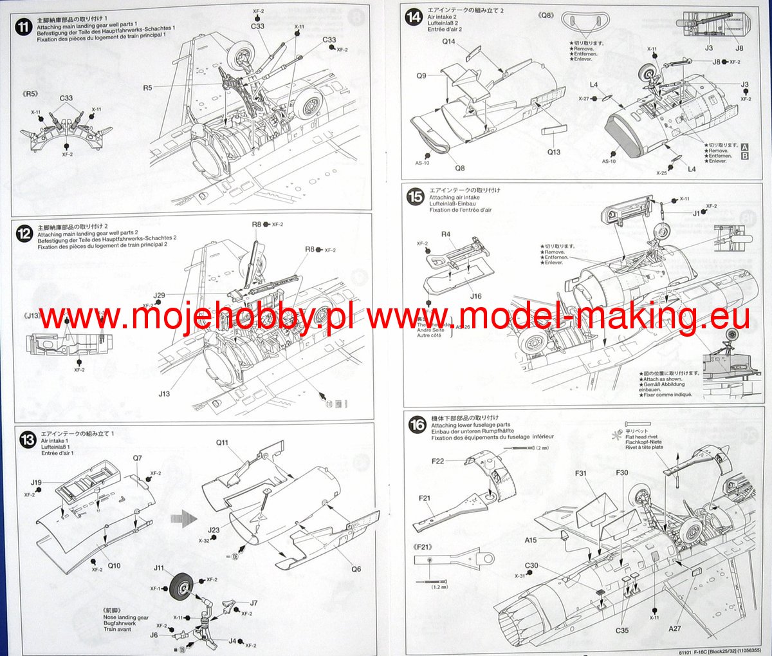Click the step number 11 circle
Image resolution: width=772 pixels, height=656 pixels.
[x=24, y=28]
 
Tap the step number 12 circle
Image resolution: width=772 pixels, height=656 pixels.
[x=24, y=234]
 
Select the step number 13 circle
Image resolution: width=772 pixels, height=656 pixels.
[x=28, y=440]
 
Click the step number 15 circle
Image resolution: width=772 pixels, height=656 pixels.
[x=416, y=197]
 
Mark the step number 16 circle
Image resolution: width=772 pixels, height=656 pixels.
[x=418, y=424]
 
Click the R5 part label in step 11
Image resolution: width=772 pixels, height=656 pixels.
[x=147, y=88]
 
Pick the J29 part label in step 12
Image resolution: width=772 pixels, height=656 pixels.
[x=159, y=295]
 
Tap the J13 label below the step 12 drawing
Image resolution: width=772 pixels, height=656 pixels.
[x=164, y=393]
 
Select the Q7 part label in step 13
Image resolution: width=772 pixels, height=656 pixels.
[x=137, y=458]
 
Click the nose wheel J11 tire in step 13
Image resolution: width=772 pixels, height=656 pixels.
[x=182, y=585]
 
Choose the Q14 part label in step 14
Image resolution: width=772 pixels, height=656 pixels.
[x=448, y=42]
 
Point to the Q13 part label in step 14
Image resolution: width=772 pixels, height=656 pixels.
[x=554, y=152]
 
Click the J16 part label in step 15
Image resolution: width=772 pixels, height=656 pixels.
[x=475, y=296]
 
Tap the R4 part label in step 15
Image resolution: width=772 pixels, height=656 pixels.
[x=446, y=234]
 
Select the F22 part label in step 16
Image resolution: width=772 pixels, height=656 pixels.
[x=437, y=461]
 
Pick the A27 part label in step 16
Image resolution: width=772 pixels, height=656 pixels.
[x=674, y=628]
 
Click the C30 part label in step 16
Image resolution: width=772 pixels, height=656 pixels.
[x=531, y=566]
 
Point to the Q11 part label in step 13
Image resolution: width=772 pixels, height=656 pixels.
[x=222, y=442]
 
